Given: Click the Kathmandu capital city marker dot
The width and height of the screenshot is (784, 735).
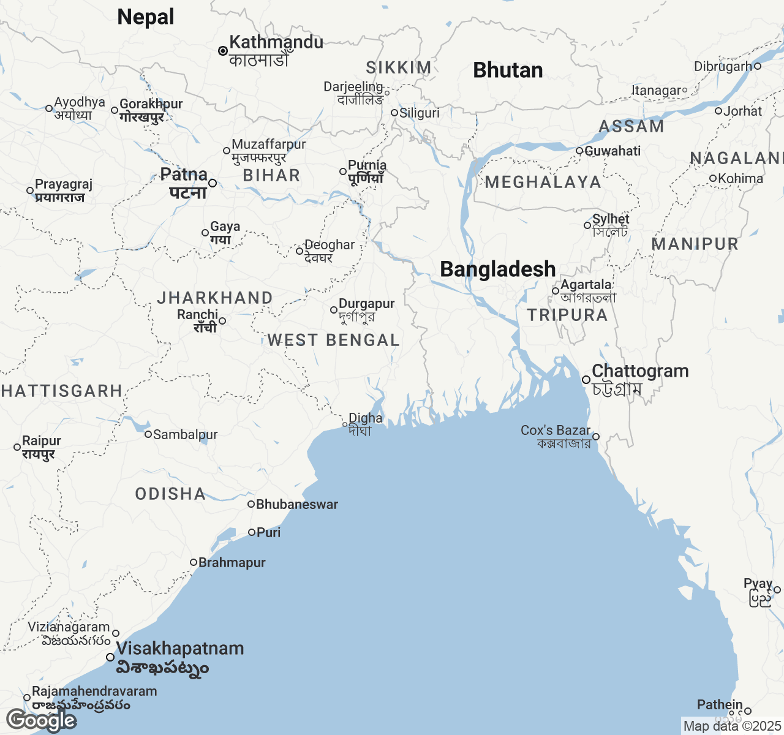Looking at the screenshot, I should pyautogui.click(x=223, y=51).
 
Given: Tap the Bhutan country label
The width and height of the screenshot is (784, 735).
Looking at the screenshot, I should pyautogui.click(x=508, y=70).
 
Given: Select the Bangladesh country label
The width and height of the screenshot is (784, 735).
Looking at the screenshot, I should pyautogui.click(x=497, y=269).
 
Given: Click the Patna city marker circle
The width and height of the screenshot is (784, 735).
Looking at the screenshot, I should pyautogui.click(x=213, y=183).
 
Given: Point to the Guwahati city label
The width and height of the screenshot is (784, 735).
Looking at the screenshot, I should pyautogui.click(x=612, y=151).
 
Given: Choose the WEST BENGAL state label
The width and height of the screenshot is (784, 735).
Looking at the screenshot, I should pyautogui.click(x=333, y=341).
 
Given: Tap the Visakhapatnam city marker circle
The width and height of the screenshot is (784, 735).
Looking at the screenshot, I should pyautogui.click(x=110, y=657).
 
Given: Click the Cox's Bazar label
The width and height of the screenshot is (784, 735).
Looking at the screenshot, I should pyautogui.click(x=556, y=431).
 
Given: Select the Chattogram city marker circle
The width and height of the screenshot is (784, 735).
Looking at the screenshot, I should pyautogui.click(x=586, y=380).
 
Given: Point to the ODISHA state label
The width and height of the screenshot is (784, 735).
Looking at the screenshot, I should pyautogui.click(x=170, y=494).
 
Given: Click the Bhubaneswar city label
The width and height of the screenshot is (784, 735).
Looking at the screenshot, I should pyautogui.click(x=297, y=505).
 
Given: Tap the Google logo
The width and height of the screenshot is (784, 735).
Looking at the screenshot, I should pyautogui.click(x=40, y=720).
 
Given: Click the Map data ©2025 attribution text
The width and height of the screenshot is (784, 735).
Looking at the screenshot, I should pyautogui.click(x=732, y=726).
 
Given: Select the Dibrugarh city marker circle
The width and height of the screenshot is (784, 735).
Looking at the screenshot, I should pyautogui.click(x=757, y=66).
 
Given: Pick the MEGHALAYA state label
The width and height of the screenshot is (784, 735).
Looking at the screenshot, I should pyautogui.click(x=543, y=182).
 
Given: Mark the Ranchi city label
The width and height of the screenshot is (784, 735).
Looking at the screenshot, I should pyautogui.click(x=197, y=315).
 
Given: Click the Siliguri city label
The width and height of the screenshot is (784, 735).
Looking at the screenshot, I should pyautogui.click(x=420, y=113).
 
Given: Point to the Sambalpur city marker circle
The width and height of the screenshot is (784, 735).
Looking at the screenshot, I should pyautogui.click(x=148, y=434).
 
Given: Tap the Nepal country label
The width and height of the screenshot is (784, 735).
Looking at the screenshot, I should pyautogui.click(x=146, y=17).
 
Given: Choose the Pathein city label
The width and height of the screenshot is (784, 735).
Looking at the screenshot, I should pyautogui.click(x=720, y=705).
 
